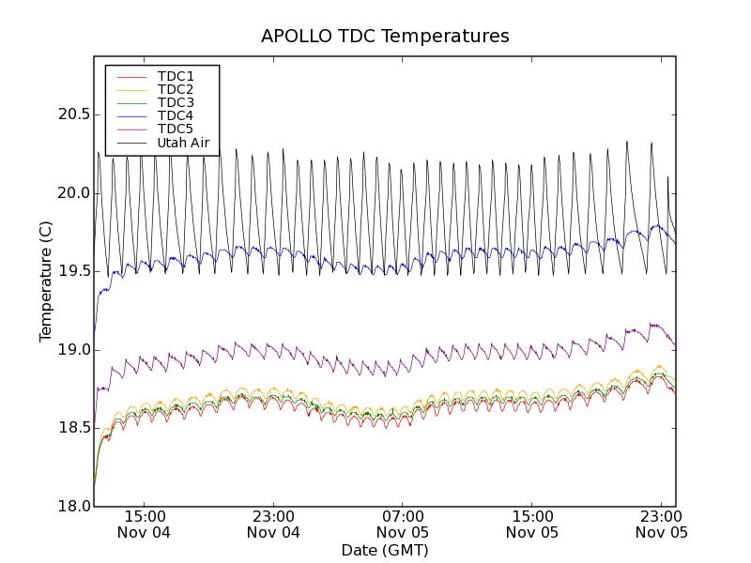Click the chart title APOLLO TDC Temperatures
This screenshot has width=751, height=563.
385,37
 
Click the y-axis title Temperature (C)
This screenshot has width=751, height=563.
46,281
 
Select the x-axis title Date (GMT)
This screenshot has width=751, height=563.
385,551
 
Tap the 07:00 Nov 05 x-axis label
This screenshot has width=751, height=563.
403,524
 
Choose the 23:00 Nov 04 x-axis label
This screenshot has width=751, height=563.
273,524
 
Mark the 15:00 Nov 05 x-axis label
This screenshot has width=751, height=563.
532,524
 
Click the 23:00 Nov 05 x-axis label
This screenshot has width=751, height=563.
661,524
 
